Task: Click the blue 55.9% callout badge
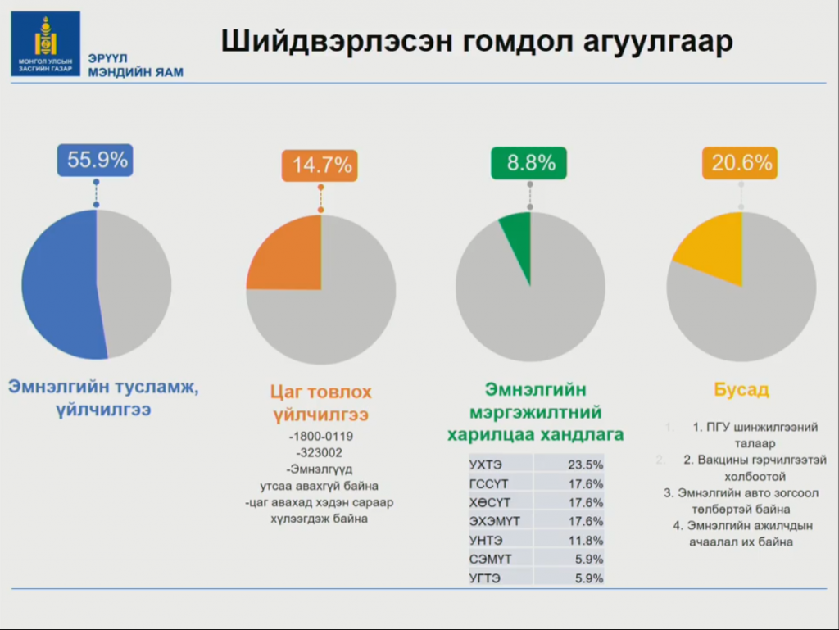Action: point(97,161)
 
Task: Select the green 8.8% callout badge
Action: point(530,162)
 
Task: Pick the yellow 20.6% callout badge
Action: point(741,163)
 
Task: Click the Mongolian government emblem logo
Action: point(45,43)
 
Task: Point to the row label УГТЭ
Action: point(484,578)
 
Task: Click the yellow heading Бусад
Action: point(741,389)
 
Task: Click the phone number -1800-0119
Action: point(320,436)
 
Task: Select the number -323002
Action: point(320,452)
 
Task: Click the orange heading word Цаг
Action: point(288,391)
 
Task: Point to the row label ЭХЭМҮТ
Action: point(494,521)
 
